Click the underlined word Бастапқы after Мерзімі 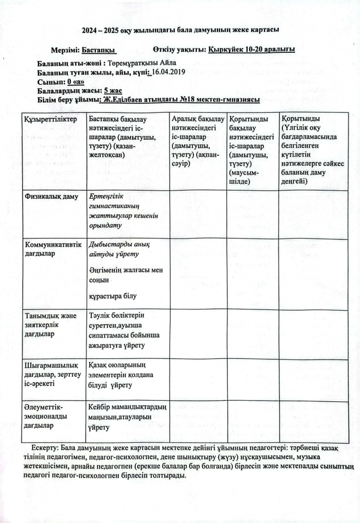click(106, 50)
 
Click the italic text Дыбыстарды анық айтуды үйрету click(118, 249)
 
